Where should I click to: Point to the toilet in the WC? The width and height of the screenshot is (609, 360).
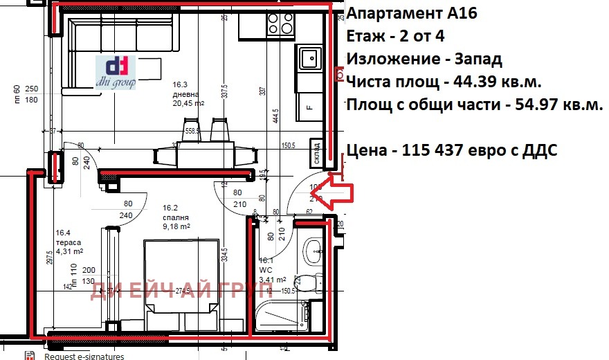point(309,283)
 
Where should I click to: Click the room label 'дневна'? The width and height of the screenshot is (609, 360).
point(186,94)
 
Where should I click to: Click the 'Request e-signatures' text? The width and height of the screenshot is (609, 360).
point(84,356)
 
